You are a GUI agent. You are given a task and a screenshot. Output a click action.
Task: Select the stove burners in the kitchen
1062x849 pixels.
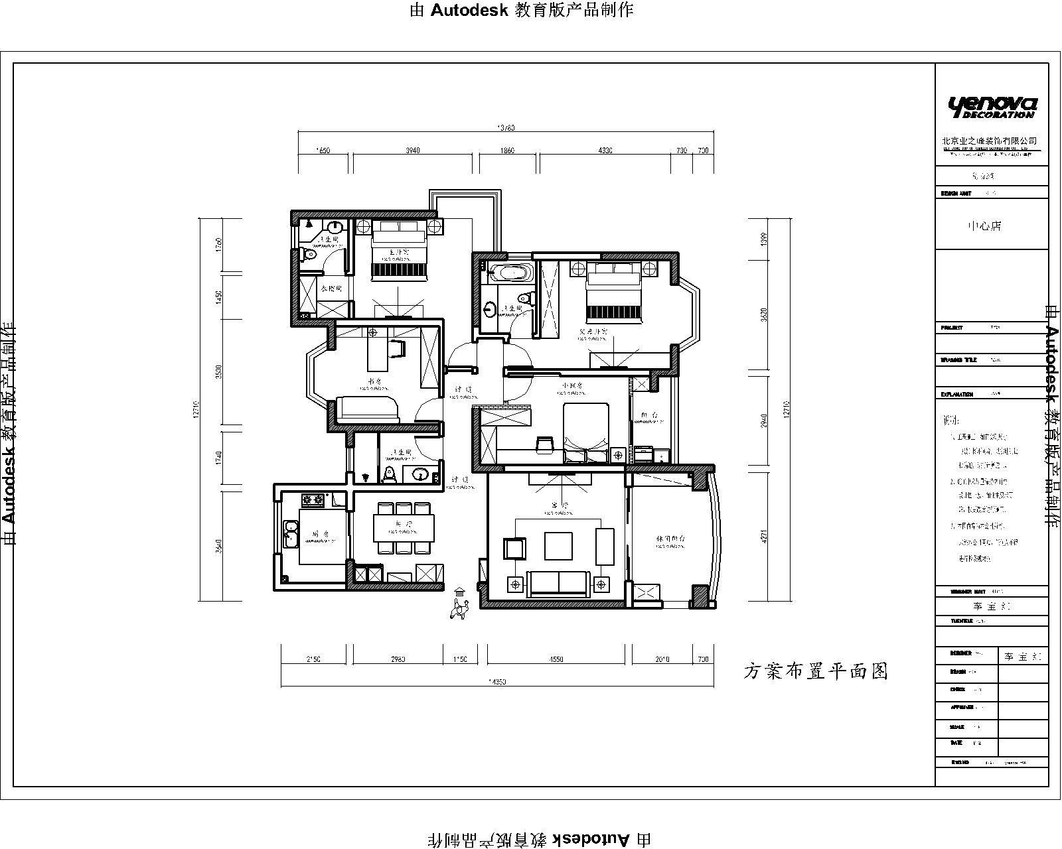tap(313, 499)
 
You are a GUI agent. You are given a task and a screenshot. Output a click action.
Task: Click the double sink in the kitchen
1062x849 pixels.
tap(289, 535)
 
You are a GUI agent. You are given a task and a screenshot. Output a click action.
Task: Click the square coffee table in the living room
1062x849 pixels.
tap(558, 546)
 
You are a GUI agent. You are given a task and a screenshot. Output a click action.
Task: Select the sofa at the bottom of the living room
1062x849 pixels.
tap(558, 582)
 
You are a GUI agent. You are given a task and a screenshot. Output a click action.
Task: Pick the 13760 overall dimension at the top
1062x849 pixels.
tap(506, 128)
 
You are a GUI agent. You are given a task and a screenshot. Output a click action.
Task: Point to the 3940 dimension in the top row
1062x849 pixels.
tap(412, 151)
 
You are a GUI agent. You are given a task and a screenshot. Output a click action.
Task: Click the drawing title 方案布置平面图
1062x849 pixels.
tap(814, 671)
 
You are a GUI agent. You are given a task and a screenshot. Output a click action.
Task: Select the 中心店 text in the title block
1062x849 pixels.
tap(984, 226)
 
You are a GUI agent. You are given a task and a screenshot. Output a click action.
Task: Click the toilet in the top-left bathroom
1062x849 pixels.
tap(307, 253)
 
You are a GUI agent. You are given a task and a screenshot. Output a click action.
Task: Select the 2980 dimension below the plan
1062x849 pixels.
tap(398, 659)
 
